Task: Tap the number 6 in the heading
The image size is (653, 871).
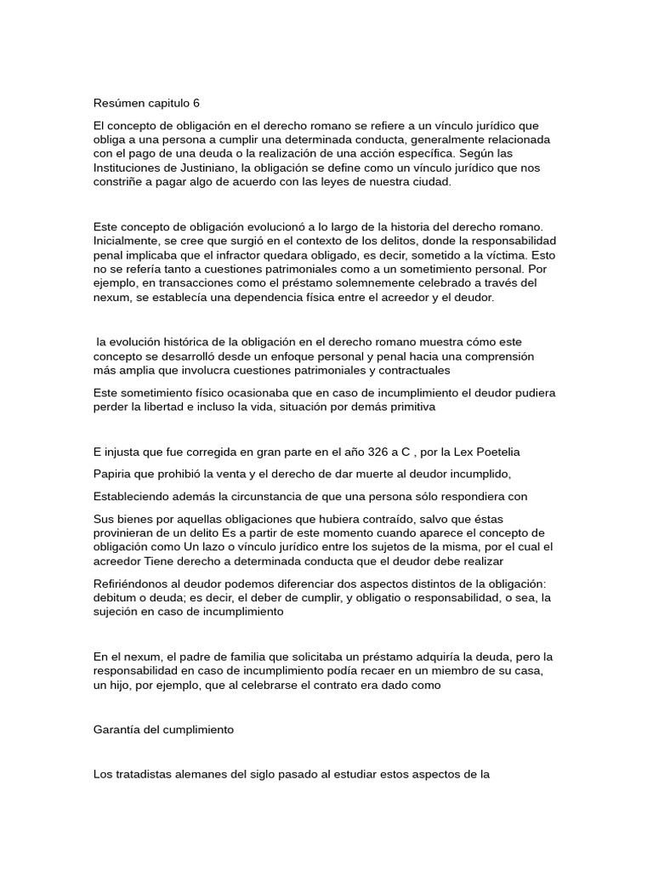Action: (x=196, y=104)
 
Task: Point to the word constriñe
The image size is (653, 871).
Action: (x=119, y=183)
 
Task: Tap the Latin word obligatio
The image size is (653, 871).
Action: (x=404, y=597)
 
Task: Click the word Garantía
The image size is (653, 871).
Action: (x=119, y=730)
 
